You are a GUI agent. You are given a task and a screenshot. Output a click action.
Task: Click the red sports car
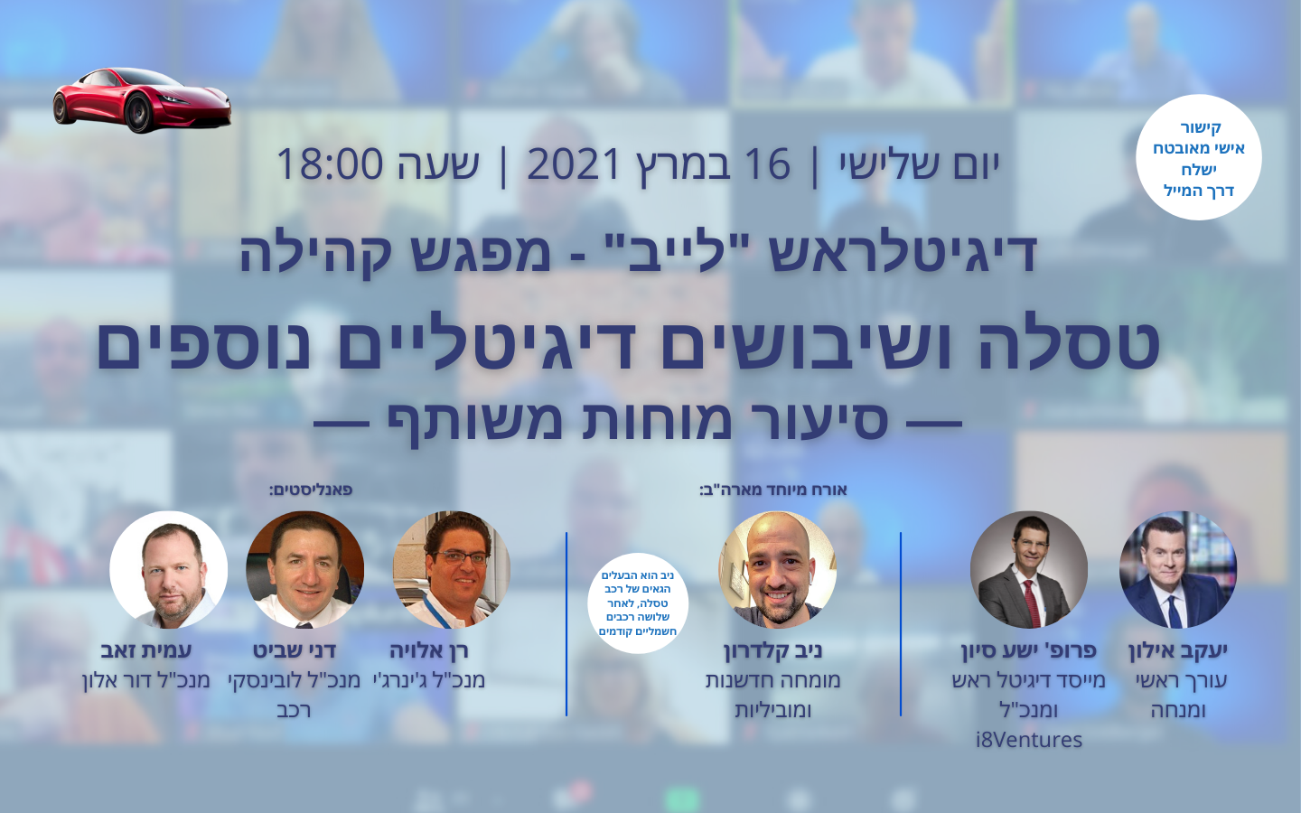point(142,100)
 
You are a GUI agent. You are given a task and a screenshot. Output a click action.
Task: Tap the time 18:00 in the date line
point(330,164)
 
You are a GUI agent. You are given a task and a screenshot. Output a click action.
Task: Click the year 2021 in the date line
point(574,164)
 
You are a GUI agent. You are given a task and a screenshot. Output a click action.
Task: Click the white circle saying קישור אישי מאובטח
point(1198,157)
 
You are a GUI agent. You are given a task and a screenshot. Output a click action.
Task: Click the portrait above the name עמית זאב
point(168,570)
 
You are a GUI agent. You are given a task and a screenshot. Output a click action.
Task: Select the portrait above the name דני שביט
point(305,570)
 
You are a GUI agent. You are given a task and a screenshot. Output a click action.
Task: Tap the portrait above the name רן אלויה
point(452,570)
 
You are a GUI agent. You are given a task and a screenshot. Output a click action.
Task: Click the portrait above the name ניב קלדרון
point(778,570)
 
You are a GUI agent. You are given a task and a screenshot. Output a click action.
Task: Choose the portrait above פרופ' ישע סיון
point(1028,570)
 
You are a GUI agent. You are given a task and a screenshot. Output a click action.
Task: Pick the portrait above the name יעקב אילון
point(1178,570)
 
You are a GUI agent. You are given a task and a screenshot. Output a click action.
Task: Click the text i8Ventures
point(1028,740)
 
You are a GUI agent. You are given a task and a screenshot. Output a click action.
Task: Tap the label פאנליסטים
point(311,490)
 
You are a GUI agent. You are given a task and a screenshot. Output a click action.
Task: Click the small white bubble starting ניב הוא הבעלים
point(638,603)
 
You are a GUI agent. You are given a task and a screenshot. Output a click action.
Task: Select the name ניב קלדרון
point(773,650)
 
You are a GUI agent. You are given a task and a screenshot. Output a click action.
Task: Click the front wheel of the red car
point(139,113)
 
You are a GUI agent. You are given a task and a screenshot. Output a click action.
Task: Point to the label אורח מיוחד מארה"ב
point(773,490)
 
